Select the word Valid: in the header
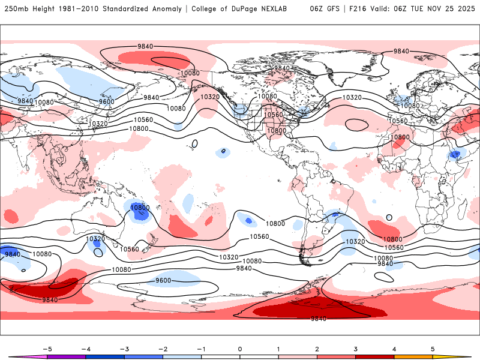point(386,9)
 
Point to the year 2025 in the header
point(465,9)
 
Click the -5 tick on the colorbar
point(47,348)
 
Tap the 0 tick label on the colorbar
point(240,348)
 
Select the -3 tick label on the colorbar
point(124,348)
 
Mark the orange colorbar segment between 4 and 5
point(413,357)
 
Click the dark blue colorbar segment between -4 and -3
point(105,357)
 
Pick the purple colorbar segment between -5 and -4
point(67,357)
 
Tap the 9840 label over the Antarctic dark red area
point(319,319)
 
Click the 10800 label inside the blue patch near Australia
point(140,208)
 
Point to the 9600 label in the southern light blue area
point(163,280)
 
